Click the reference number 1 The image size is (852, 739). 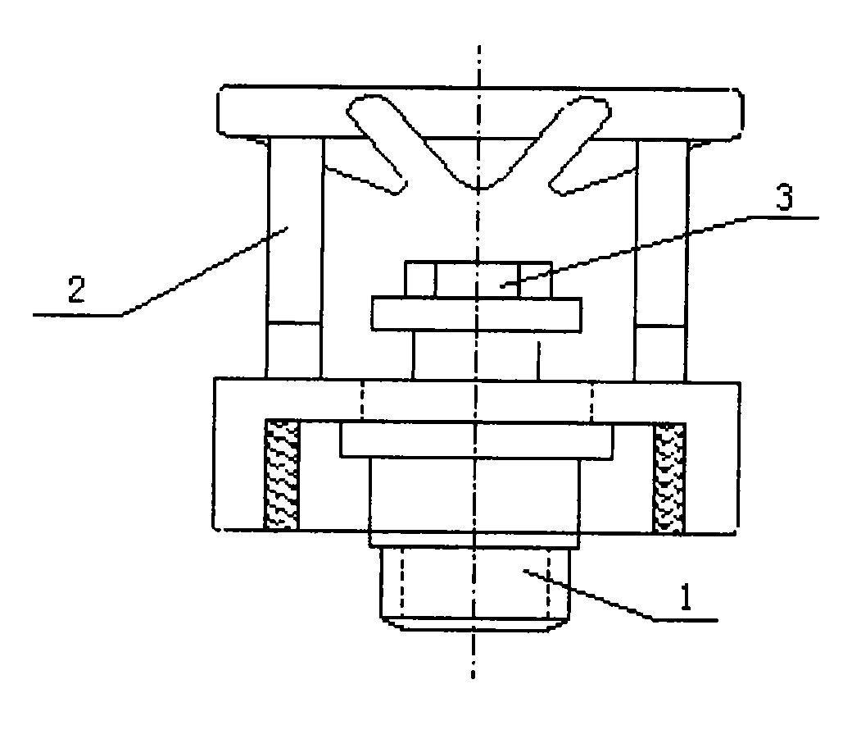[x=687, y=597]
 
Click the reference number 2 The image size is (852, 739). [x=77, y=290]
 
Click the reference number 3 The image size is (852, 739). [x=784, y=197]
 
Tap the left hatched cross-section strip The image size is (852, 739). [x=282, y=474]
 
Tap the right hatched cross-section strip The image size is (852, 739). [x=668, y=478]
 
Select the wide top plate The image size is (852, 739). [x=480, y=112]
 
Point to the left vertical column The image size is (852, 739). [x=294, y=258]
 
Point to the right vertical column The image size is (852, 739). [x=661, y=260]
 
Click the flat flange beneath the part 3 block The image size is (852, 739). [x=477, y=314]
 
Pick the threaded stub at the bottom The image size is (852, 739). [x=474, y=588]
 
